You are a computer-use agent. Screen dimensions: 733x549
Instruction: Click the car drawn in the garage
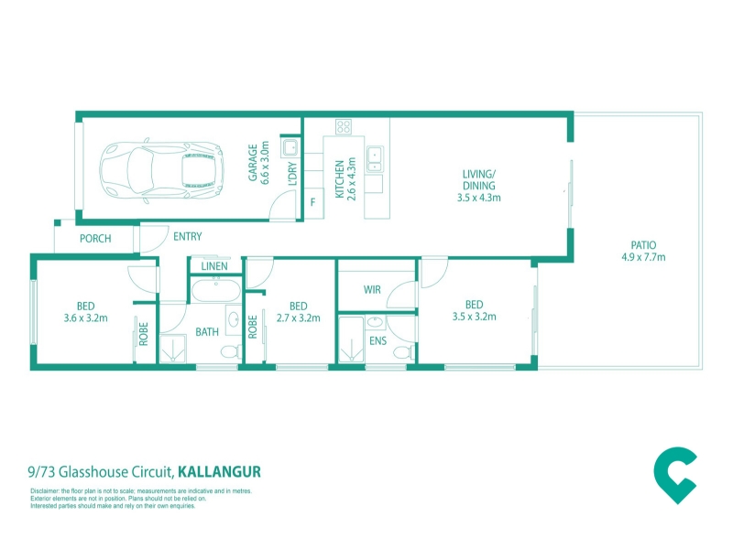pos(161,170)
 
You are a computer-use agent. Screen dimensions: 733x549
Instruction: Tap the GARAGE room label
pos(253,163)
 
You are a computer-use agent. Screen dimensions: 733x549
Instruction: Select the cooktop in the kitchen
pos(344,126)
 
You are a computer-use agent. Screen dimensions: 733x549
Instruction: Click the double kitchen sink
pos(375,158)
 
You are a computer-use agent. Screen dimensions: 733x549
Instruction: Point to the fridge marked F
pos(313,202)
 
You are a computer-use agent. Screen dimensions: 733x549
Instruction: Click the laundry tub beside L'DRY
pos(290,148)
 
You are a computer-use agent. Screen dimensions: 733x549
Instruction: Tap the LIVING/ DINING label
pos(478,179)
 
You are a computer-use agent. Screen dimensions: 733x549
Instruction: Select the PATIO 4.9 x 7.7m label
pos(643,251)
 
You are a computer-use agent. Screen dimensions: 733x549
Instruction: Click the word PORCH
pos(95,239)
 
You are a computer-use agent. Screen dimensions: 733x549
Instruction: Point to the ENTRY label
pos(188,237)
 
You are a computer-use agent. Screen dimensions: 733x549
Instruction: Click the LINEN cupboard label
pos(214,266)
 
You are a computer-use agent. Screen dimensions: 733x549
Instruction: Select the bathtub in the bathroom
pos(216,290)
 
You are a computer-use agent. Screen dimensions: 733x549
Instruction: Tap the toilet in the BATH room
pos(231,351)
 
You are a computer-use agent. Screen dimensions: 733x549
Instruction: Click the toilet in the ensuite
pos(404,351)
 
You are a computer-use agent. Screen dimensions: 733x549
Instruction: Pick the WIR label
pos(372,289)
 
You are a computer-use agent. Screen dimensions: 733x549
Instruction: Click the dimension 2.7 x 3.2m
pos(299,318)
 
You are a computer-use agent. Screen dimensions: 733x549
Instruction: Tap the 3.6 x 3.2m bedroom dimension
pos(85,318)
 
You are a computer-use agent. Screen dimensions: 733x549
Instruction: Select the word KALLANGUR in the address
pos(219,472)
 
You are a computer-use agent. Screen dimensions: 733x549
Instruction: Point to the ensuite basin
pos(374,322)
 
